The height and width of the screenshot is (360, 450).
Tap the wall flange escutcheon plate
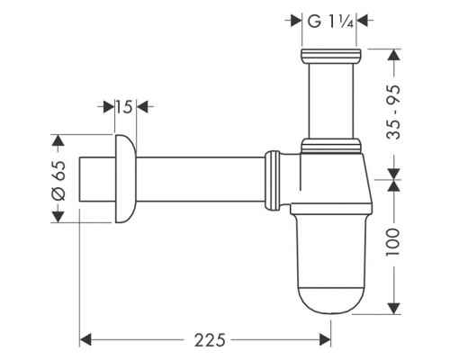[124, 179]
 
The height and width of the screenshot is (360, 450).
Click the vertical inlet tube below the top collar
[331, 99]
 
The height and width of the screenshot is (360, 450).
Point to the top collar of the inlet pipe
[331, 56]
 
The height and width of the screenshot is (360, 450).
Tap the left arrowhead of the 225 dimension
[87, 339]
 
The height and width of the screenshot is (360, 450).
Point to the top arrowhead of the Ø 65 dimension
[58, 141]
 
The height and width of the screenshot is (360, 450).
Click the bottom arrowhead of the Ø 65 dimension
[58, 216]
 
